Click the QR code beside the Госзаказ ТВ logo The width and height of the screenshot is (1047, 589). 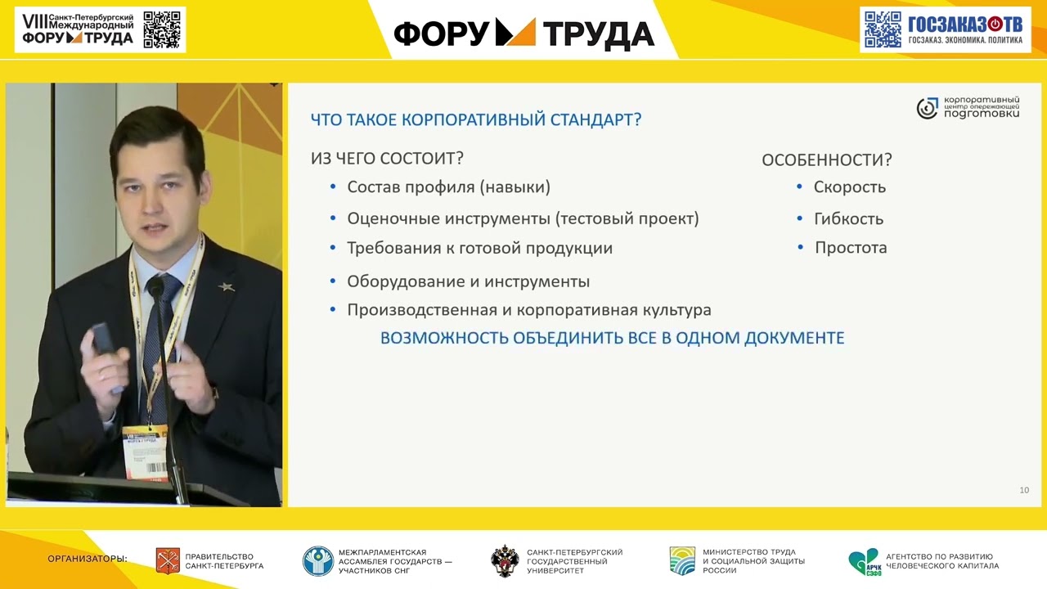point(883,30)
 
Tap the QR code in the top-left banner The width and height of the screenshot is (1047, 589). point(162,30)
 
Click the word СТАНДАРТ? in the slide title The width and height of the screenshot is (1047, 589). point(595,119)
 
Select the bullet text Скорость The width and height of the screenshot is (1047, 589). point(850,187)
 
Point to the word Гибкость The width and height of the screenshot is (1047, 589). point(849,218)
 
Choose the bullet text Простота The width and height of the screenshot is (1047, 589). point(851,248)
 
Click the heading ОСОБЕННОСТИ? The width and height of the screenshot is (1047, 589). point(827,160)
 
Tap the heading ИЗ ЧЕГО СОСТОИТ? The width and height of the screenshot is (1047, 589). point(387,159)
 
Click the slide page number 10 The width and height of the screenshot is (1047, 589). point(1024,490)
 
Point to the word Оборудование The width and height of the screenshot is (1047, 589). point(406,282)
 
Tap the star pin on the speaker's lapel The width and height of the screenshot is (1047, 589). point(227,286)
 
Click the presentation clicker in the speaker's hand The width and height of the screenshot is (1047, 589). point(104,339)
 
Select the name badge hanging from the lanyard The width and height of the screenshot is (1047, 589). point(146,453)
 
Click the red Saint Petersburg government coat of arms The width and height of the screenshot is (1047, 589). point(168,561)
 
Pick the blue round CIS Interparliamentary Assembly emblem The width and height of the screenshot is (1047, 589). point(318,561)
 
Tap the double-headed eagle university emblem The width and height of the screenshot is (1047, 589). point(505,561)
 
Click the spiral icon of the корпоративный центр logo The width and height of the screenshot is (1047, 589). point(927,109)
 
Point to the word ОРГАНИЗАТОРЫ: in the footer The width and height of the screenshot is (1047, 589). point(88,559)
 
